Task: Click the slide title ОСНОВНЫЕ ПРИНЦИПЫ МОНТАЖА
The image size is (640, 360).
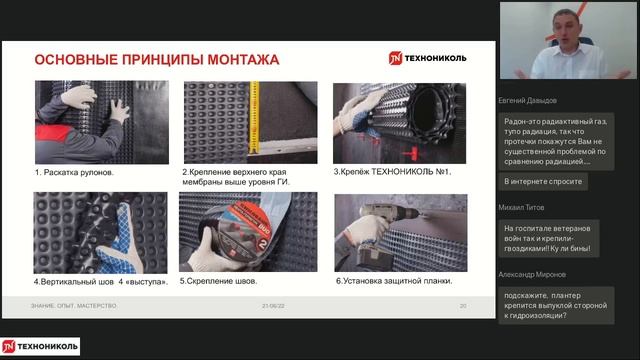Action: point(157,60)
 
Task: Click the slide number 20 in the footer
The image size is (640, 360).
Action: point(463,305)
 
